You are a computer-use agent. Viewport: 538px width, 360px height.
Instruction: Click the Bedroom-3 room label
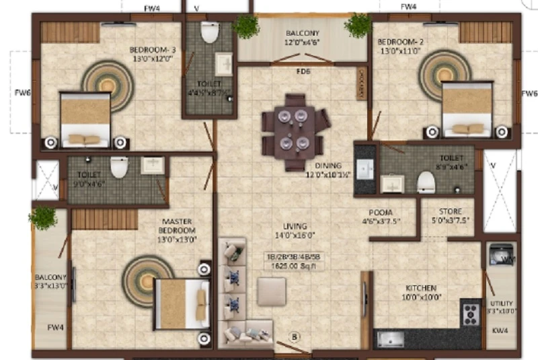[152, 53]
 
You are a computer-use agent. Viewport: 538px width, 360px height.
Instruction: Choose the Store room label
[450, 215]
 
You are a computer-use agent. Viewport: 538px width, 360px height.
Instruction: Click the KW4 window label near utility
[500, 330]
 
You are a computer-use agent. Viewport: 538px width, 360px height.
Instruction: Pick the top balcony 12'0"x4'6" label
[302, 38]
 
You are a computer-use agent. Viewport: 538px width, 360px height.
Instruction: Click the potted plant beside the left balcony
[44, 217]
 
